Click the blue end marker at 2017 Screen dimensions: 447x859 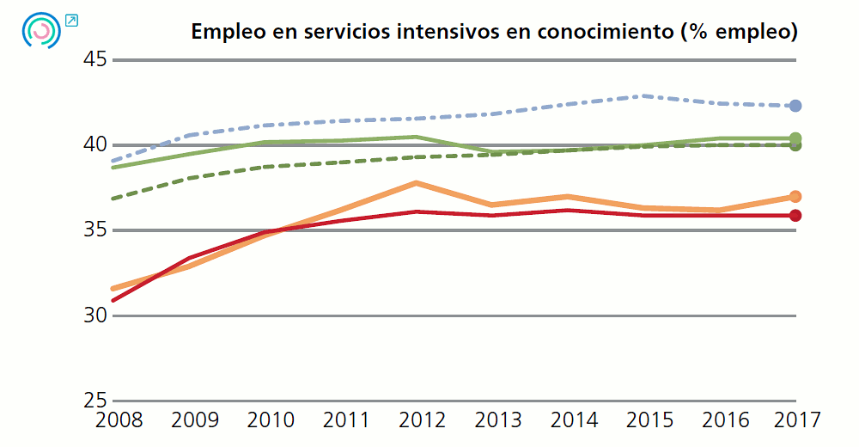click(795, 106)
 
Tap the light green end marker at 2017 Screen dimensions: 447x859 click(795, 138)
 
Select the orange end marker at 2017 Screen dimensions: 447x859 click(795, 197)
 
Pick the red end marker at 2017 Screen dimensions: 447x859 click(795, 215)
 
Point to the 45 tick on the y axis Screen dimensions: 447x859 click(94, 59)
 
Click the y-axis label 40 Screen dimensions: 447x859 click(94, 144)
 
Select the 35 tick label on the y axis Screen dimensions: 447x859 click(94, 230)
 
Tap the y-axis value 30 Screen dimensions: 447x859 click(94, 315)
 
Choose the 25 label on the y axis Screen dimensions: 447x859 click(94, 400)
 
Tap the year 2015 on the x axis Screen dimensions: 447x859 click(645, 420)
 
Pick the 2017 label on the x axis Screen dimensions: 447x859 click(795, 420)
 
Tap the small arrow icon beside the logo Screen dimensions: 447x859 click(71, 19)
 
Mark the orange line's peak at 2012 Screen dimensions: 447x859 click(416, 183)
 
